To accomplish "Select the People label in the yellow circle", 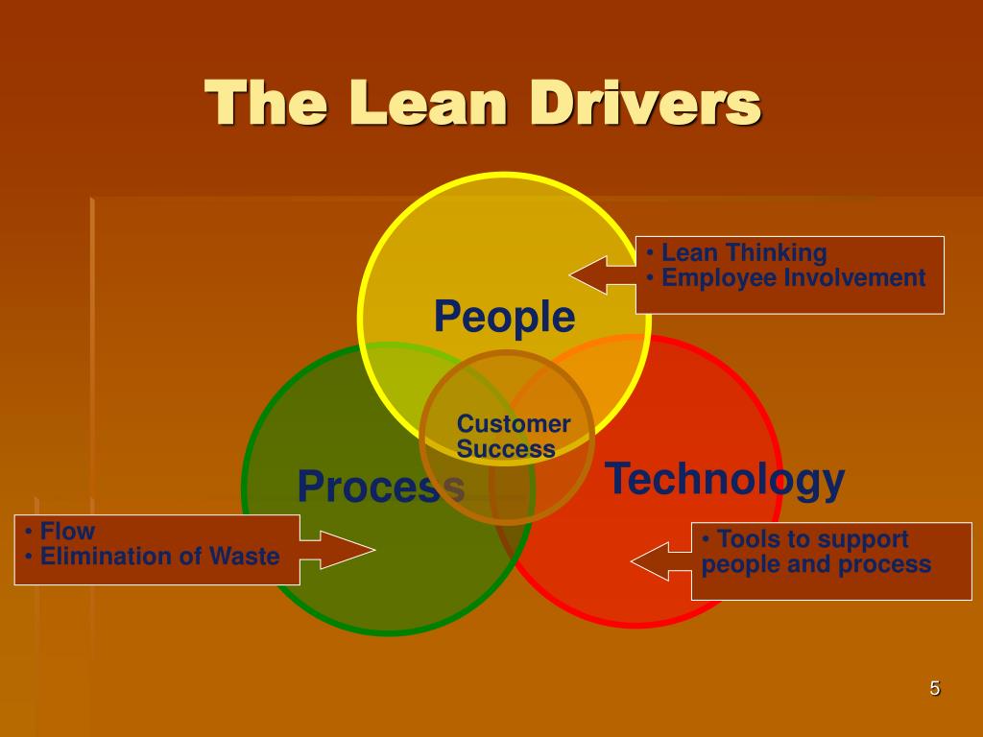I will [504, 316].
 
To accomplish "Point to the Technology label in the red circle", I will [725, 479].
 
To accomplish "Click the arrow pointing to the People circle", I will [603, 274].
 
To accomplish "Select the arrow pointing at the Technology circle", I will [662, 561].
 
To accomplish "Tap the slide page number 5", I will [934, 688].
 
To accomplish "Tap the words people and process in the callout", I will [816, 564].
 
